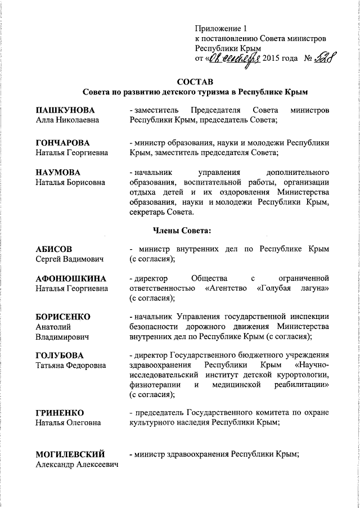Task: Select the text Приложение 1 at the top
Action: point(221,28)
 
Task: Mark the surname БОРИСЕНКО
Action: point(63,316)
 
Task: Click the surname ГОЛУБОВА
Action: point(60,355)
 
